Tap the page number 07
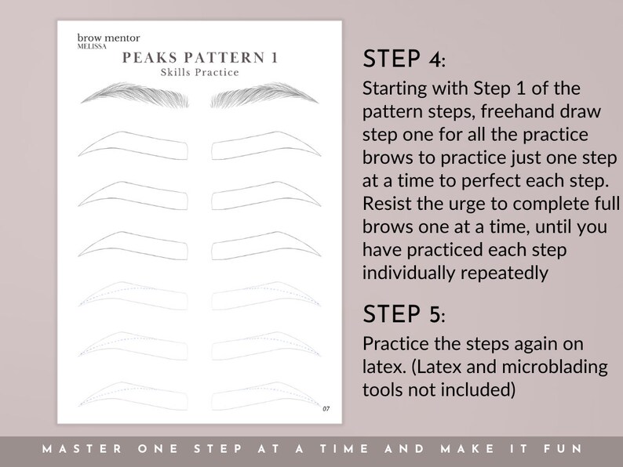click(326, 407)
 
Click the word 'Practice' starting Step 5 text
click(392, 346)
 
